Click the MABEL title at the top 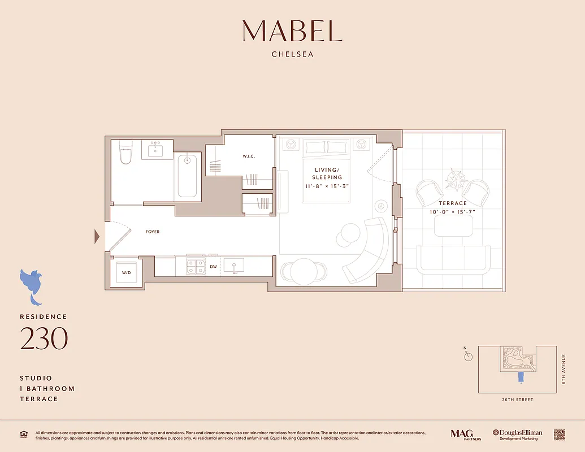[292, 31]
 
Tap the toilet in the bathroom [125, 152]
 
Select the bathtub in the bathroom [187, 176]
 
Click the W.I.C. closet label [250, 157]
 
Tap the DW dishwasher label [213, 266]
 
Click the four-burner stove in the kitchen [195, 266]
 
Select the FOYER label [153, 232]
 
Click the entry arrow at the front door [97, 236]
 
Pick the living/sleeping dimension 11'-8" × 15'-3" [327, 185]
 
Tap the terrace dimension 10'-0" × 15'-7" [453, 211]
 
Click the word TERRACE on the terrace [453, 203]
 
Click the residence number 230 [44, 338]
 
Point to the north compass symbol [467, 356]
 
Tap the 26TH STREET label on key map [517, 400]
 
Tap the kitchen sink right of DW [233, 265]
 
